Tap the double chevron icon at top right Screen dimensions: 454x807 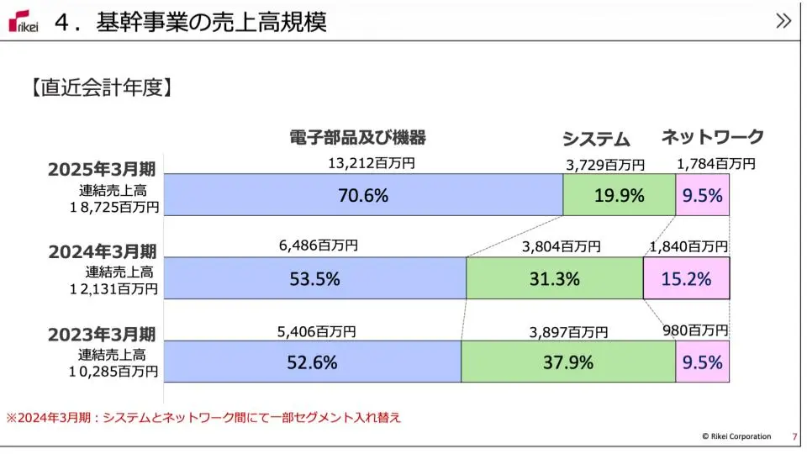(x=783, y=21)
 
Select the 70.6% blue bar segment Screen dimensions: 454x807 (x=363, y=195)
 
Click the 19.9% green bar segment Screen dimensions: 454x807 (x=619, y=195)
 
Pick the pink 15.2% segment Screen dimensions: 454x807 (x=686, y=278)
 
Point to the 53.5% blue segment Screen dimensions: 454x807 (x=314, y=278)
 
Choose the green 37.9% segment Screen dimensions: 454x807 (x=567, y=362)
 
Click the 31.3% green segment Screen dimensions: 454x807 (x=554, y=278)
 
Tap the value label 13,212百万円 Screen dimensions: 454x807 (x=371, y=163)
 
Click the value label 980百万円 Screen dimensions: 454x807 (x=695, y=331)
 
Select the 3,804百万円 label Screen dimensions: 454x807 (x=561, y=246)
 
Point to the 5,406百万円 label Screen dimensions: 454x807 (x=317, y=331)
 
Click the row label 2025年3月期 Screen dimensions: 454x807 (x=103, y=169)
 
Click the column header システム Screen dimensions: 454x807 (x=595, y=139)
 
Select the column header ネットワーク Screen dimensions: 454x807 (x=712, y=137)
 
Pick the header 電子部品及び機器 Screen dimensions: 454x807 (x=357, y=137)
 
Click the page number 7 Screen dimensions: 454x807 (x=794, y=436)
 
